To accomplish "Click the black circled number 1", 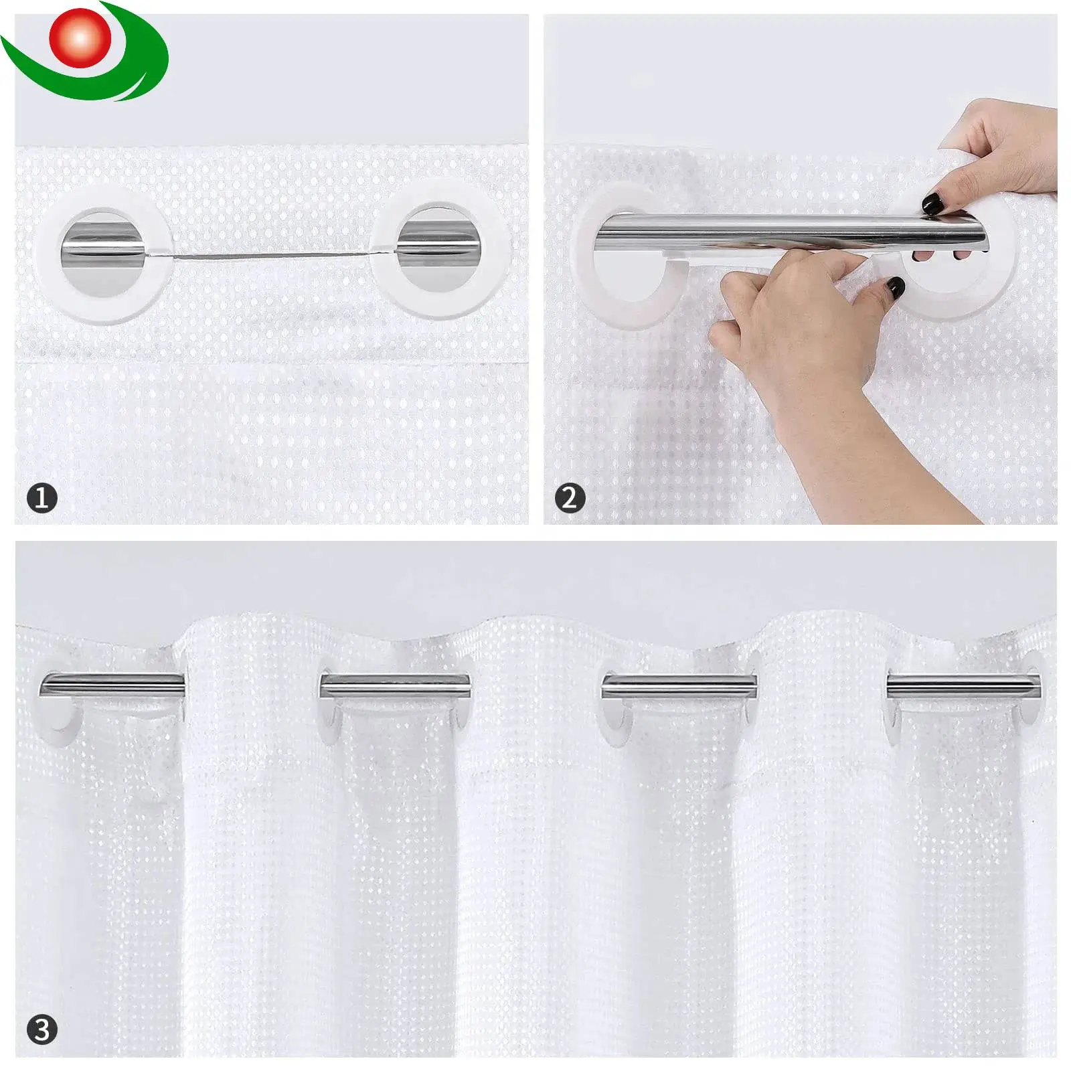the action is pos(42,498).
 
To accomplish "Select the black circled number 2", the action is pos(570,498).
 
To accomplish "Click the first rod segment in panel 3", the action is pos(112,685).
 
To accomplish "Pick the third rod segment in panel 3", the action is pos(679,686).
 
